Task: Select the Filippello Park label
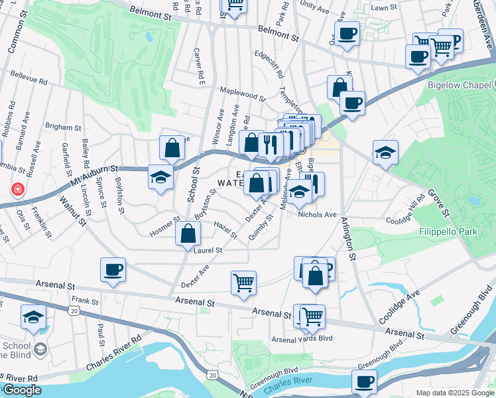point(449,233)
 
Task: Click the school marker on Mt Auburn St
point(160,177)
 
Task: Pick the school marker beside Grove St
point(385,153)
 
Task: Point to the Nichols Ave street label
point(318,215)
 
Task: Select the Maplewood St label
point(243,94)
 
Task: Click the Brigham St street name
point(63,126)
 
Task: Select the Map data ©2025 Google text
point(454,393)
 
